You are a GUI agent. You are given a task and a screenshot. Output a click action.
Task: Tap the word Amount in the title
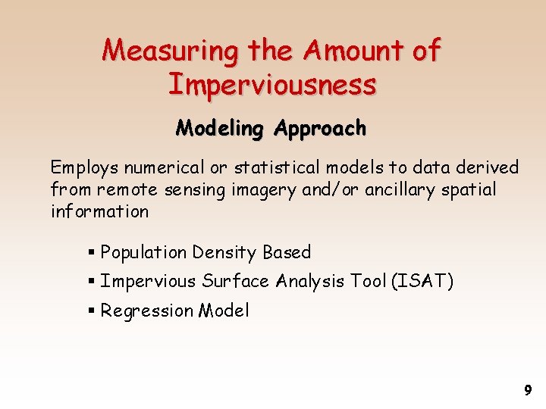click(x=350, y=51)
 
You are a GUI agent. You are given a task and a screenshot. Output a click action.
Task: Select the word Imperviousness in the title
click(x=271, y=84)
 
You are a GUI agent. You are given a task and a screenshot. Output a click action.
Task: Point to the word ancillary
click(x=403, y=189)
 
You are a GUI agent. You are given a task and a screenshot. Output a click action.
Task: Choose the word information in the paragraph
click(x=99, y=211)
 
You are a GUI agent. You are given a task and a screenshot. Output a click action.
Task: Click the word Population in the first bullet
click(x=144, y=252)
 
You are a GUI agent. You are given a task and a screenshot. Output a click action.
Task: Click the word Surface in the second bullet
click(x=235, y=282)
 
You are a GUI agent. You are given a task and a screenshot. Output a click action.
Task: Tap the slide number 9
click(x=528, y=391)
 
